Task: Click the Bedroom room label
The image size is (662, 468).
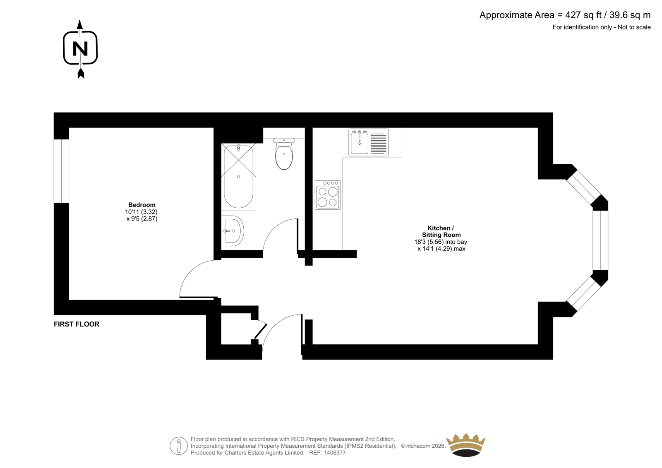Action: (x=142, y=204)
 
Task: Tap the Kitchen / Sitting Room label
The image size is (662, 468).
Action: (x=441, y=231)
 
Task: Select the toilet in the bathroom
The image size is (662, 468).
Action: (x=284, y=154)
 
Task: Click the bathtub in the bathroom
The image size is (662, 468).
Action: (x=238, y=177)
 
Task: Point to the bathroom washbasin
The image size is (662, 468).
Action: (x=233, y=231)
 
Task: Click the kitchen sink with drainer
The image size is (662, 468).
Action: (x=369, y=142)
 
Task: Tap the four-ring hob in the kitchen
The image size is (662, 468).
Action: (x=327, y=195)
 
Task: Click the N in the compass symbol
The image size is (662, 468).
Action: (x=80, y=48)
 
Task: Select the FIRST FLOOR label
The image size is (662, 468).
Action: (x=77, y=324)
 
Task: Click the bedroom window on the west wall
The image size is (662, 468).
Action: (x=62, y=171)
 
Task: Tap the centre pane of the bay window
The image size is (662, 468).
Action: (x=600, y=240)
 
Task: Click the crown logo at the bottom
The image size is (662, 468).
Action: (x=466, y=445)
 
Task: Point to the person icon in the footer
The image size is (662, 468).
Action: (x=179, y=446)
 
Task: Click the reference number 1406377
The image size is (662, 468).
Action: (x=335, y=453)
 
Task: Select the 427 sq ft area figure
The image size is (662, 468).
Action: (x=583, y=15)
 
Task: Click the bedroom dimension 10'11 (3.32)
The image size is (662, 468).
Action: (x=141, y=212)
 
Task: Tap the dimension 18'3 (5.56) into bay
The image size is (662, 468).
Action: (x=441, y=242)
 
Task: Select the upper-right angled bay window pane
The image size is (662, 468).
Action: (x=584, y=187)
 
